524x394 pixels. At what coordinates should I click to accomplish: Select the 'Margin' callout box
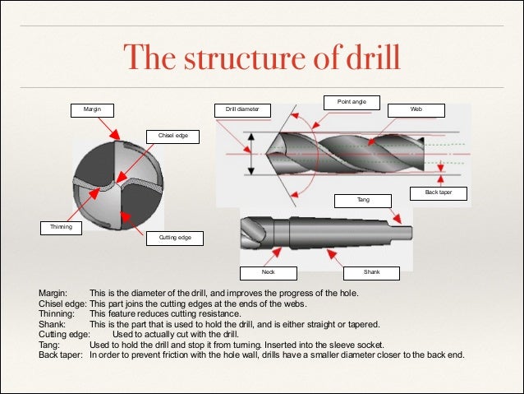90,109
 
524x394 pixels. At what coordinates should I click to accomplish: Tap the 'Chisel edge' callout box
172,136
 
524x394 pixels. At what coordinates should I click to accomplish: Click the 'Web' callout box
416,109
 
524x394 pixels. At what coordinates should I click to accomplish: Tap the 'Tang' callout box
362,200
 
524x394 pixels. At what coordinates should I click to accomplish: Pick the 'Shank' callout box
370,272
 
